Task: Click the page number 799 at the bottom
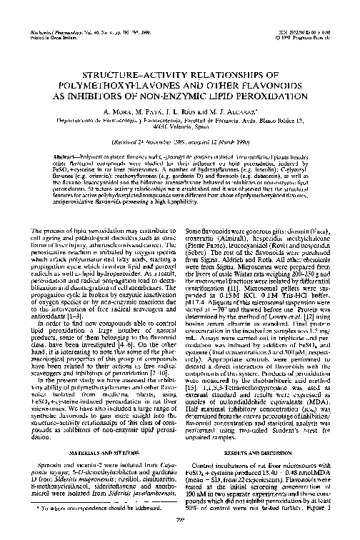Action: (180, 530)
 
